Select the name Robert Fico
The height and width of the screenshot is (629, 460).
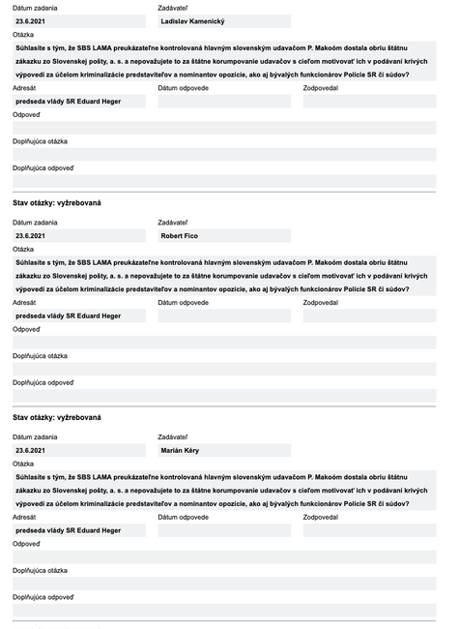(181, 235)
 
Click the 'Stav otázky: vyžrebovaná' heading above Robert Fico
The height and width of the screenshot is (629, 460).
(56, 202)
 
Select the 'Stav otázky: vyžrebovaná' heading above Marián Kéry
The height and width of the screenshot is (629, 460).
(56, 417)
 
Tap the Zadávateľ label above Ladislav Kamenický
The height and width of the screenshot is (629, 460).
(172, 8)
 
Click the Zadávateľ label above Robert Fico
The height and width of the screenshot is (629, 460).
(172, 223)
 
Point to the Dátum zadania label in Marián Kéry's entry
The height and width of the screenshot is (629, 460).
(35, 437)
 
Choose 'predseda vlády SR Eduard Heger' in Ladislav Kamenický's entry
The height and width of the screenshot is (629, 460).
(68, 101)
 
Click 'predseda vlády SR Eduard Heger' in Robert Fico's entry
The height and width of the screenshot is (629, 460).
(68, 315)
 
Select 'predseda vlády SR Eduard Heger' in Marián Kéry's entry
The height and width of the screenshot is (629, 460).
(68, 530)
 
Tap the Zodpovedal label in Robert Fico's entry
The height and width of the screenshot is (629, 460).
(320, 302)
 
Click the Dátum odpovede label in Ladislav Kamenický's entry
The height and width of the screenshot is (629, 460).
(183, 87)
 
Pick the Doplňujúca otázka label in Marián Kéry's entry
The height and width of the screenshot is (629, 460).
(40, 571)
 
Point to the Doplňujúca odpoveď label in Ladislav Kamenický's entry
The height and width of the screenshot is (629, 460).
(43, 167)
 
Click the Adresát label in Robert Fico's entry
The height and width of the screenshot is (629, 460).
(25, 302)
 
